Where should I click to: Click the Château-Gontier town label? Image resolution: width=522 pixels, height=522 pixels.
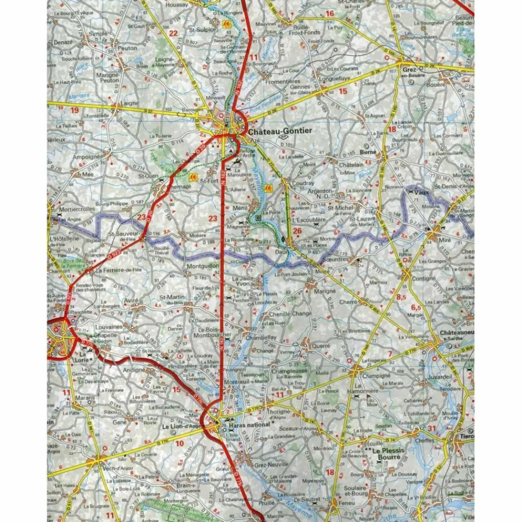point(280,131)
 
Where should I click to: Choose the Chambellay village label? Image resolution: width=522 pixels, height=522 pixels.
point(260,337)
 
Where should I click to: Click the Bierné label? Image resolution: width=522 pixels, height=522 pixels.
point(368,152)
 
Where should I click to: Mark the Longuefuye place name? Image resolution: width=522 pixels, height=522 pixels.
point(334,79)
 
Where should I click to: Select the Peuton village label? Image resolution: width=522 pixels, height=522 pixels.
point(127,48)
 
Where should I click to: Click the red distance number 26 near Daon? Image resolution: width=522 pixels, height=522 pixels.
point(298,231)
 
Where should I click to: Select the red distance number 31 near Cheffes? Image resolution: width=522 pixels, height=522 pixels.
point(432,428)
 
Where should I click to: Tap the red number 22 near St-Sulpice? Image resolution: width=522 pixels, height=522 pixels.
point(174,33)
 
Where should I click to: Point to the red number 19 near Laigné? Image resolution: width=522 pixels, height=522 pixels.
point(75,110)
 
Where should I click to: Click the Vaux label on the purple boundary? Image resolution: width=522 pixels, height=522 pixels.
point(420,193)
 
